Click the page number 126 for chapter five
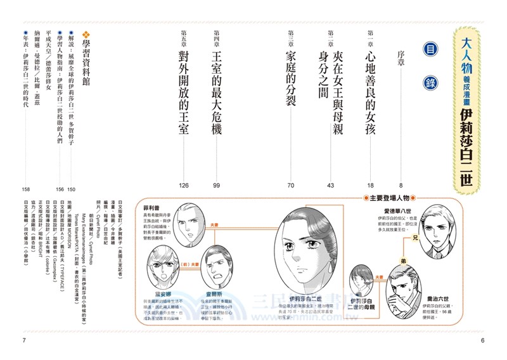[184, 185]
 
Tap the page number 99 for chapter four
[216, 185]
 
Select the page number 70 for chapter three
[291, 185]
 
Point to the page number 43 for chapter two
[330, 185]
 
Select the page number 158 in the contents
[26, 188]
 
